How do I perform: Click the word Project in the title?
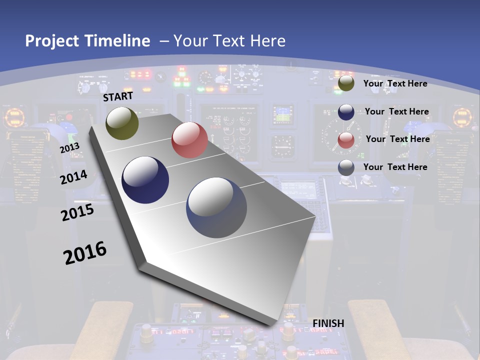tap(52, 41)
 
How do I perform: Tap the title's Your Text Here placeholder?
tap(229, 41)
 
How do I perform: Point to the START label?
tap(118, 96)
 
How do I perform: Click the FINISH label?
tap(328, 323)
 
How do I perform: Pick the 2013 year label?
tap(69, 147)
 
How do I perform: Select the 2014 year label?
tap(73, 177)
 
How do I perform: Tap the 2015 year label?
tap(77, 212)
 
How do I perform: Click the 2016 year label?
tap(85, 253)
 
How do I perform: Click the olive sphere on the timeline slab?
tap(122, 123)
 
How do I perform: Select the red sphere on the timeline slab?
tap(189, 139)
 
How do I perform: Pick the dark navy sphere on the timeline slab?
tap(145, 180)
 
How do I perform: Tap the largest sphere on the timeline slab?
tap(216, 207)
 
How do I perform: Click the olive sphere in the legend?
tap(346, 83)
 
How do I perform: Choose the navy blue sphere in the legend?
tap(346, 112)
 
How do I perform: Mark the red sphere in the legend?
tap(346, 140)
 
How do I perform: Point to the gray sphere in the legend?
tap(346, 167)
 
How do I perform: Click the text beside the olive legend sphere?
tap(395, 83)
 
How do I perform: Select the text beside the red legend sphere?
tap(397, 139)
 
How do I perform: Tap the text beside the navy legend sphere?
tap(396, 111)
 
